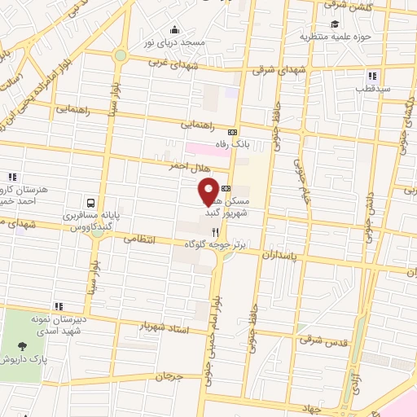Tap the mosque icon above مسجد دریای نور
173,30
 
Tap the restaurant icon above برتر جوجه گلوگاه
215,231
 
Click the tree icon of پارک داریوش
21,346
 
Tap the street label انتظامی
138,240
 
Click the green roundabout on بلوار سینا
121,55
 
